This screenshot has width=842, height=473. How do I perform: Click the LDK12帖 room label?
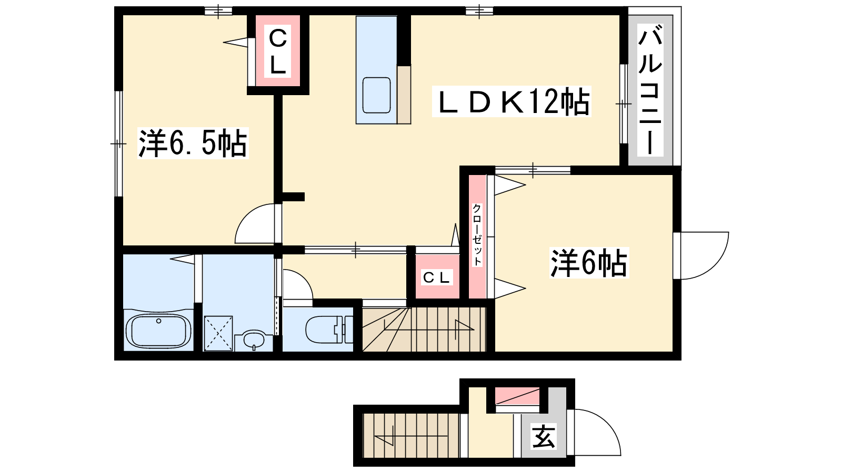click(511, 101)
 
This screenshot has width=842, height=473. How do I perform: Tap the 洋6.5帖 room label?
click(193, 143)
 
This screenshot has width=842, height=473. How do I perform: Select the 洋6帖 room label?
click(589, 262)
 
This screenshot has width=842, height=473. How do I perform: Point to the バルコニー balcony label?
click(650, 90)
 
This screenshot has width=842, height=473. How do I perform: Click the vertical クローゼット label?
click(477, 235)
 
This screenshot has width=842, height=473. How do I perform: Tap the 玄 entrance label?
click(543, 436)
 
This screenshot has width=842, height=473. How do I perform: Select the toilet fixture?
click(329, 330)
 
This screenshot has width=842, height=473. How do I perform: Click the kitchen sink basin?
click(376, 95)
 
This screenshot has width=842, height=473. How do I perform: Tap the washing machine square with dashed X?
click(218, 333)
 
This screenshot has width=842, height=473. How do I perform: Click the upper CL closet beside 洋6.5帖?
click(278, 50)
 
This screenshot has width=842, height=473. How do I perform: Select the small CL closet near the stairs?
click(437, 276)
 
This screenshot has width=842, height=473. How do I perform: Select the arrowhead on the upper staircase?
click(465, 325)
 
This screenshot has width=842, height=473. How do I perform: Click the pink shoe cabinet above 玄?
click(517, 396)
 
